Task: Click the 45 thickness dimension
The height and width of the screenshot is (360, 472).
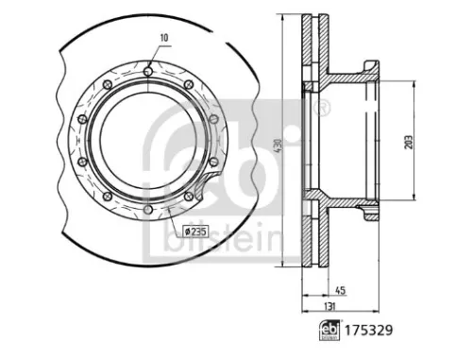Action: pos(339,292)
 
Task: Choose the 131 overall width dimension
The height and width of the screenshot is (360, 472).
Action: pos(328,307)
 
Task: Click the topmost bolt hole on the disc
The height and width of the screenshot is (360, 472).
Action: pos(148,67)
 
